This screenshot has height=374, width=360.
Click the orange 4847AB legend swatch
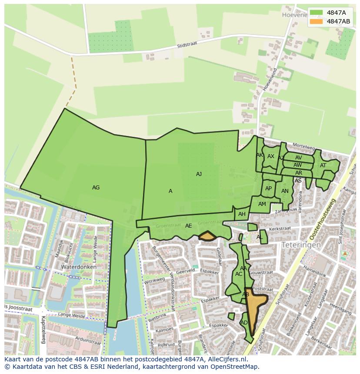coord(316,21)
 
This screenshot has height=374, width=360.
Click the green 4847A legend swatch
coord(316,13)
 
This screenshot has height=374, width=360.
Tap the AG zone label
coord(96,188)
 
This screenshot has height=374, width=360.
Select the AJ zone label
coord(199,174)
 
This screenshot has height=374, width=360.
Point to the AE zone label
coord(188,226)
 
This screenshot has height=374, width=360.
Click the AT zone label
coord(323,165)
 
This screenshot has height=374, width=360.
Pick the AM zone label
coord(262,204)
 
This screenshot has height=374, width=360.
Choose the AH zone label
coord(242,214)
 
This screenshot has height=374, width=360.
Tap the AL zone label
coord(260,237)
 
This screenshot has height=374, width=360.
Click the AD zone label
coord(244,323)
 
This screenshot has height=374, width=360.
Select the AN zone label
coord(285,191)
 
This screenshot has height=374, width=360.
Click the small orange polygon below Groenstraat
coord(207,236)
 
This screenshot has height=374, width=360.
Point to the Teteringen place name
coord(301,245)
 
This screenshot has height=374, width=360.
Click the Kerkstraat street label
coord(280,228)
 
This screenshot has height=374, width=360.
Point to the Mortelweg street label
coord(303,146)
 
